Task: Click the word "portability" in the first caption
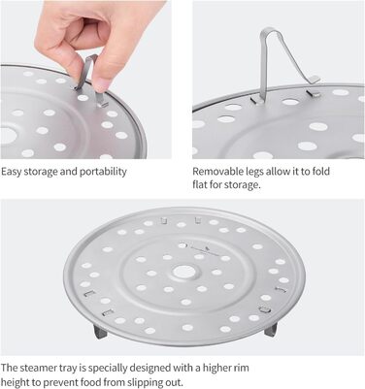[x=103, y=172]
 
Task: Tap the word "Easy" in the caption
[x=12, y=172]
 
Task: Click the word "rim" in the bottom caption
[x=242, y=368]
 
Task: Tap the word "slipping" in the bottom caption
[x=143, y=382]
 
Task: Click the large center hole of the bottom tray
[x=183, y=272]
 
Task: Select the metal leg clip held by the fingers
[x=90, y=81]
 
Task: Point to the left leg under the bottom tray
[x=100, y=332]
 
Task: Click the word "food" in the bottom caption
[x=93, y=382]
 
